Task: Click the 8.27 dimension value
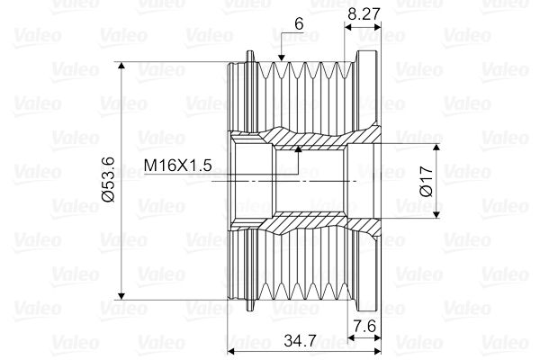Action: click(x=364, y=14)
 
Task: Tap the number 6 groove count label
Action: click(x=299, y=23)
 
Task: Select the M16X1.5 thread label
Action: click(x=177, y=166)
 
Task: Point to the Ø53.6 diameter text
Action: click(x=108, y=179)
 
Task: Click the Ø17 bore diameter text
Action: click(x=427, y=181)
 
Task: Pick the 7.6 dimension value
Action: click(x=364, y=326)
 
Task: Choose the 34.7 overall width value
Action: click(x=300, y=341)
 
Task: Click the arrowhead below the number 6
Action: click(x=282, y=58)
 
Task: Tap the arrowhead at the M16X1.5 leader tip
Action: click(x=298, y=148)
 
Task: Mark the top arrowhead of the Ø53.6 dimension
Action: click(x=121, y=66)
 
